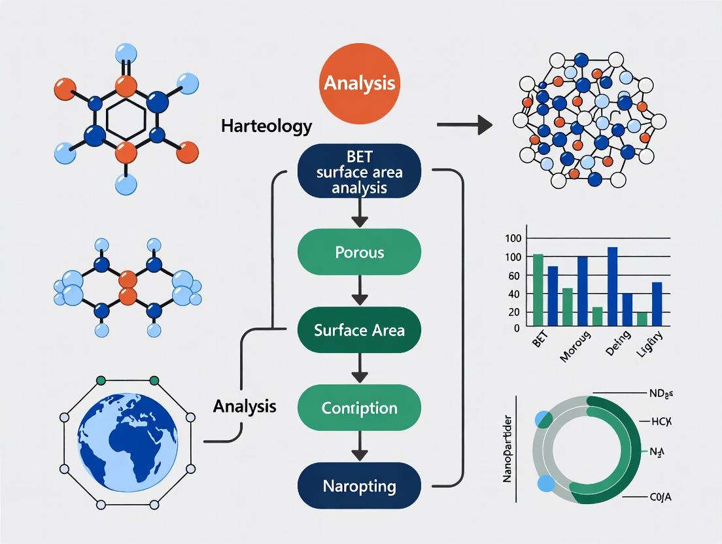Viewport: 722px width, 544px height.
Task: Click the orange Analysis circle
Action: (x=359, y=84)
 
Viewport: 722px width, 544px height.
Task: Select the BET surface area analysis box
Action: (x=359, y=171)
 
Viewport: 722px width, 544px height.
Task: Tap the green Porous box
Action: (x=359, y=252)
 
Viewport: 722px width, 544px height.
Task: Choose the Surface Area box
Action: (x=359, y=330)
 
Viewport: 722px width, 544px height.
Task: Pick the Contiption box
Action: (x=359, y=408)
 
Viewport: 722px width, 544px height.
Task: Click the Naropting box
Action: (x=359, y=486)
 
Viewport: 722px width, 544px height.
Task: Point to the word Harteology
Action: (x=266, y=126)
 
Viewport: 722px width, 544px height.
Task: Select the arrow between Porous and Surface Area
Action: (x=359, y=291)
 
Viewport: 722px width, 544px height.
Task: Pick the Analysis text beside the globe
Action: (x=245, y=407)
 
